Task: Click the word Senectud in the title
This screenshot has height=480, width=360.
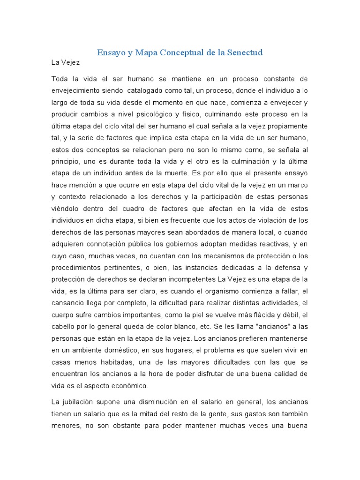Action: tap(242, 52)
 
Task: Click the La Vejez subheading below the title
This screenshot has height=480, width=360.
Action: tap(66, 62)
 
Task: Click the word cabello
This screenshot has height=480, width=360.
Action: tap(65, 326)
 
